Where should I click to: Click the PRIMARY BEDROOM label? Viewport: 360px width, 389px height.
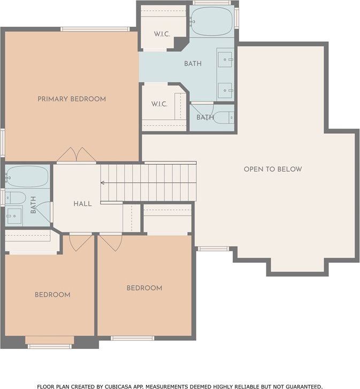(x=72, y=99)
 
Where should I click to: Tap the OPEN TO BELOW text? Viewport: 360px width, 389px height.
(x=273, y=169)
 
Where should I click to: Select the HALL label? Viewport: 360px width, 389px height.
(x=82, y=204)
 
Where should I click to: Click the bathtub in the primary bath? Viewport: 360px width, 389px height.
(x=212, y=21)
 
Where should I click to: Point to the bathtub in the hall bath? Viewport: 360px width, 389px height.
(x=27, y=177)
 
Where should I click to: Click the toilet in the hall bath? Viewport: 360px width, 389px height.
(x=16, y=198)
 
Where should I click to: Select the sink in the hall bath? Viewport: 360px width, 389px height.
(x=14, y=216)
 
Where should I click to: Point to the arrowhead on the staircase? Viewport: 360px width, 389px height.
(x=102, y=183)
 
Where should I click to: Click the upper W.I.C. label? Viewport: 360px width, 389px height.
(x=162, y=34)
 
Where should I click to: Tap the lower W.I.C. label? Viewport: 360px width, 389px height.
(x=159, y=104)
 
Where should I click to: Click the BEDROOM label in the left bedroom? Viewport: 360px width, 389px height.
(x=52, y=295)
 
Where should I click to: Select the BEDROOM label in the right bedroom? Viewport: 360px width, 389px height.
(x=144, y=288)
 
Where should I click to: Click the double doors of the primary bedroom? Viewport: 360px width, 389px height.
(x=76, y=155)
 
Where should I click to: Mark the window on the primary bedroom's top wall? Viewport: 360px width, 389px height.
(x=95, y=29)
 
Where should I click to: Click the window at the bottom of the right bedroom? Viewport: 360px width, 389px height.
(x=133, y=338)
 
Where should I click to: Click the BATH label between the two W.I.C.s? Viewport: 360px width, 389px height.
(x=193, y=64)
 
